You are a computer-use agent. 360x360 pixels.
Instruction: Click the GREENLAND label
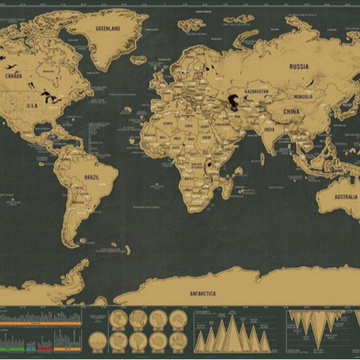coord(108,29)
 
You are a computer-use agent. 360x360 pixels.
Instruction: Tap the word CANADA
coord(14,77)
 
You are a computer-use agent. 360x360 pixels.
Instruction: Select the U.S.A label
coord(32,105)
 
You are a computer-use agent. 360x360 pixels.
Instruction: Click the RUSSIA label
coord(299,66)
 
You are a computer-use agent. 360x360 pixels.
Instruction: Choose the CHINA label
coord(291,111)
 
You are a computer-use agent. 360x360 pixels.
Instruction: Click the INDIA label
coord(270,130)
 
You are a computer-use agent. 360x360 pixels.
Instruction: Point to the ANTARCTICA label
coord(202,293)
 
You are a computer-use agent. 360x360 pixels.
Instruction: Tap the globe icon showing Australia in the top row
coord(177,318)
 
